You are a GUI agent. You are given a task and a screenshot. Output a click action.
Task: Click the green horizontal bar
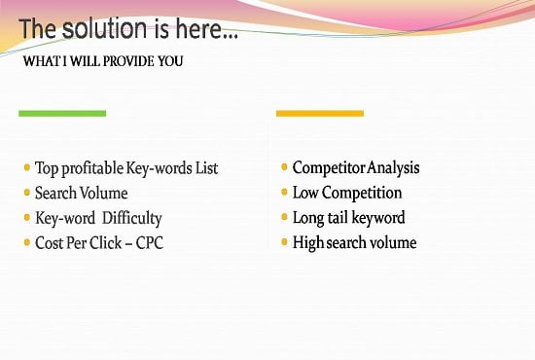[x=62, y=114]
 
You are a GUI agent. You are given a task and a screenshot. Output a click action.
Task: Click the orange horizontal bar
[x=319, y=114]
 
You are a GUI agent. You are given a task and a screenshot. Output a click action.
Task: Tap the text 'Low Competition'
[x=347, y=193]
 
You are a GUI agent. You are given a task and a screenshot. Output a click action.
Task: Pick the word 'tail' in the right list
[x=342, y=218]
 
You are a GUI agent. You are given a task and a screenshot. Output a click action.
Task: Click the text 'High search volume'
[x=354, y=243]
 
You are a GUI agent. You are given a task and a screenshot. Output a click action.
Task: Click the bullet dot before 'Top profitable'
[x=26, y=167]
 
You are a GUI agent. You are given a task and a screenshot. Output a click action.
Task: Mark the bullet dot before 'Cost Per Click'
[x=26, y=242]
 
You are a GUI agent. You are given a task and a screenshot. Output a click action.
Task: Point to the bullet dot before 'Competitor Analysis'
[x=284, y=167]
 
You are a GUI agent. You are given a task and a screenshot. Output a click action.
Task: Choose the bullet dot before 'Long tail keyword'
[x=284, y=217]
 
